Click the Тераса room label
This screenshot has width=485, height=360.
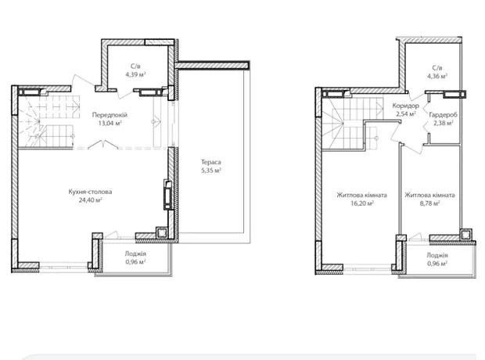pyautogui.click(x=211, y=162)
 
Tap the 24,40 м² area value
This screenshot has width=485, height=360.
pyautogui.click(x=90, y=200)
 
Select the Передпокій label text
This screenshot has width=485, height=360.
pyautogui.click(x=110, y=115)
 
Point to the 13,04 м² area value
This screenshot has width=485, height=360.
pyautogui.click(x=110, y=123)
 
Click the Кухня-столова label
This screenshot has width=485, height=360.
pyautogui.click(x=90, y=192)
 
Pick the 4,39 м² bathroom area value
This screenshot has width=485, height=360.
pyautogui.click(x=135, y=74)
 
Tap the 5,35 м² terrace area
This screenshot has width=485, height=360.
pyautogui.click(x=211, y=171)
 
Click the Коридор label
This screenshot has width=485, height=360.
pyautogui.click(x=405, y=106)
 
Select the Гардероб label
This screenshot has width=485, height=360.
pyautogui.click(x=443, y=115)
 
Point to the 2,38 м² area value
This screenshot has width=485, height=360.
pyautogui.click(x=444, y=123)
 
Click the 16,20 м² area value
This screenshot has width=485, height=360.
pyautogui.click(x=362, y=203)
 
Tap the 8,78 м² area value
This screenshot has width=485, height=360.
pyautogui.click(x=429, y=203)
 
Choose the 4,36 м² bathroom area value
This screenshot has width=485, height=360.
pyautogui.click(x=437, y=76)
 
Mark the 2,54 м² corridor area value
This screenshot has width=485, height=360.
pyautogui.click(x=406, y=113)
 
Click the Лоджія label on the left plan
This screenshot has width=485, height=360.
pyautogui.click(x=135, y=254)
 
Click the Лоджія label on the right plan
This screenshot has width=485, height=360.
pyautogui.click(x=437, y=256)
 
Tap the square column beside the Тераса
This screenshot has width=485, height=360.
pyautogui.click(x=162, y=232)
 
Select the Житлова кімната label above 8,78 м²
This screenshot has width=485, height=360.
pyautogui.click(x=429, y=196)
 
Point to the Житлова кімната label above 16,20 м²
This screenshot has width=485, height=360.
pyautogui.click(x=362, y=196)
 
